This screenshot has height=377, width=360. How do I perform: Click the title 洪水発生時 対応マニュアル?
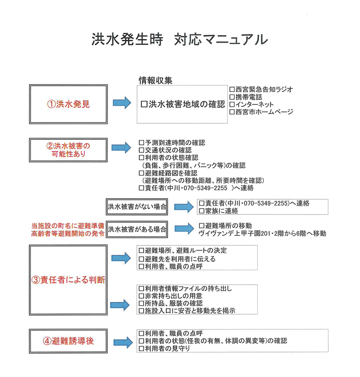coord(179,39)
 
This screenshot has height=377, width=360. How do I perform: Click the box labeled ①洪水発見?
coord(68,104)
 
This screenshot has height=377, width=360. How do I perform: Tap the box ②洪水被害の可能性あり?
coord(68,150)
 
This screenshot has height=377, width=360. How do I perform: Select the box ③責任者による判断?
coord(68,280)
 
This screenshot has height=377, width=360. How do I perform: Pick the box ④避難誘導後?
coord(68,341)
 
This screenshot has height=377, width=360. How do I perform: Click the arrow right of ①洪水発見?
coord(122,103)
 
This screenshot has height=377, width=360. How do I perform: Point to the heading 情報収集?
coord(155,81)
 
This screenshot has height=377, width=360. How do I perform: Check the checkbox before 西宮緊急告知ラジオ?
coord(232,89)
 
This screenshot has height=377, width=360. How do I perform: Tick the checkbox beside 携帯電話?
coord(232,97)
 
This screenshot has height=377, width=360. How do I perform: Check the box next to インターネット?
coord(232,104)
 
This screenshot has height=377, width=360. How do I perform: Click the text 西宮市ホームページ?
coord(264,112)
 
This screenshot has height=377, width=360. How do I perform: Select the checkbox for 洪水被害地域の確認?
coord(144,104)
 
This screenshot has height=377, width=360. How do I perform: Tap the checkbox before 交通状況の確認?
coord(141,150)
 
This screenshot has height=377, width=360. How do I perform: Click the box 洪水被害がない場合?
coord(137,207)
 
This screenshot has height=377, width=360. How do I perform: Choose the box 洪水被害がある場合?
coord(137,229)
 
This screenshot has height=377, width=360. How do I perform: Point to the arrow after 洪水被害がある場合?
coord(184,229)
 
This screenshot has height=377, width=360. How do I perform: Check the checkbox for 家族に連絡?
coord(202,211)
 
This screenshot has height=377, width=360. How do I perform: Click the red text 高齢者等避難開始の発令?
coord(68,233)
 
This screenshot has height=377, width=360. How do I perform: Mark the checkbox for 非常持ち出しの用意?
coord(141,296)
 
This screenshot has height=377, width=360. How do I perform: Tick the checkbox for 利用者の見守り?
coord(141,348)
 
